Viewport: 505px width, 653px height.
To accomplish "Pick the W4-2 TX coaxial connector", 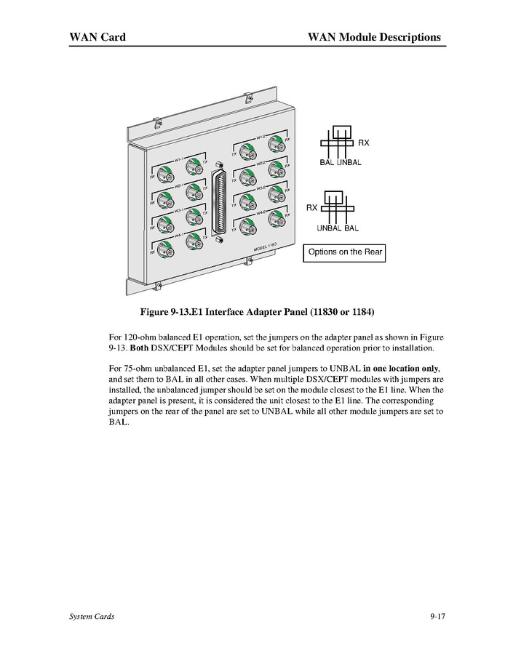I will [x=247, y=224].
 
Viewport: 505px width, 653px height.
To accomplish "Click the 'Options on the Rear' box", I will [x=343, y=252].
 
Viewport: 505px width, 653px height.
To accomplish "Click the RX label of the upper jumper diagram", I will [x=363, y=143].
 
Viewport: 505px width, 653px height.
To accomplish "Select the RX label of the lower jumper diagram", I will [x=311, y=208].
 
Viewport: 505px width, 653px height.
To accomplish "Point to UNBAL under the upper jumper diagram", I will [x=349, y=162].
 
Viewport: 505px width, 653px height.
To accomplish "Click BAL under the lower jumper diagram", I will [x=351, y=228].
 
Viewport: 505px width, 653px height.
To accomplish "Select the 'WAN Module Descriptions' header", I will [x=374, y=36].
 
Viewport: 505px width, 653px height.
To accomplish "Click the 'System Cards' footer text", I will [x=92, y=617].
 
